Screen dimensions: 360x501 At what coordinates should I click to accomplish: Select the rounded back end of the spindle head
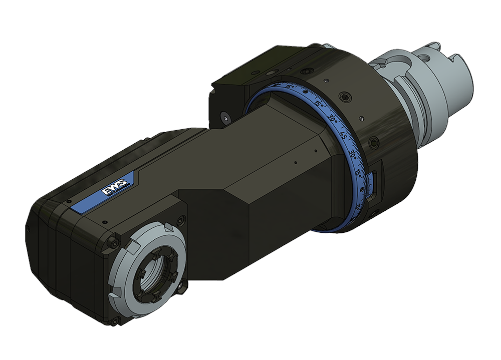[50, 250]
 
